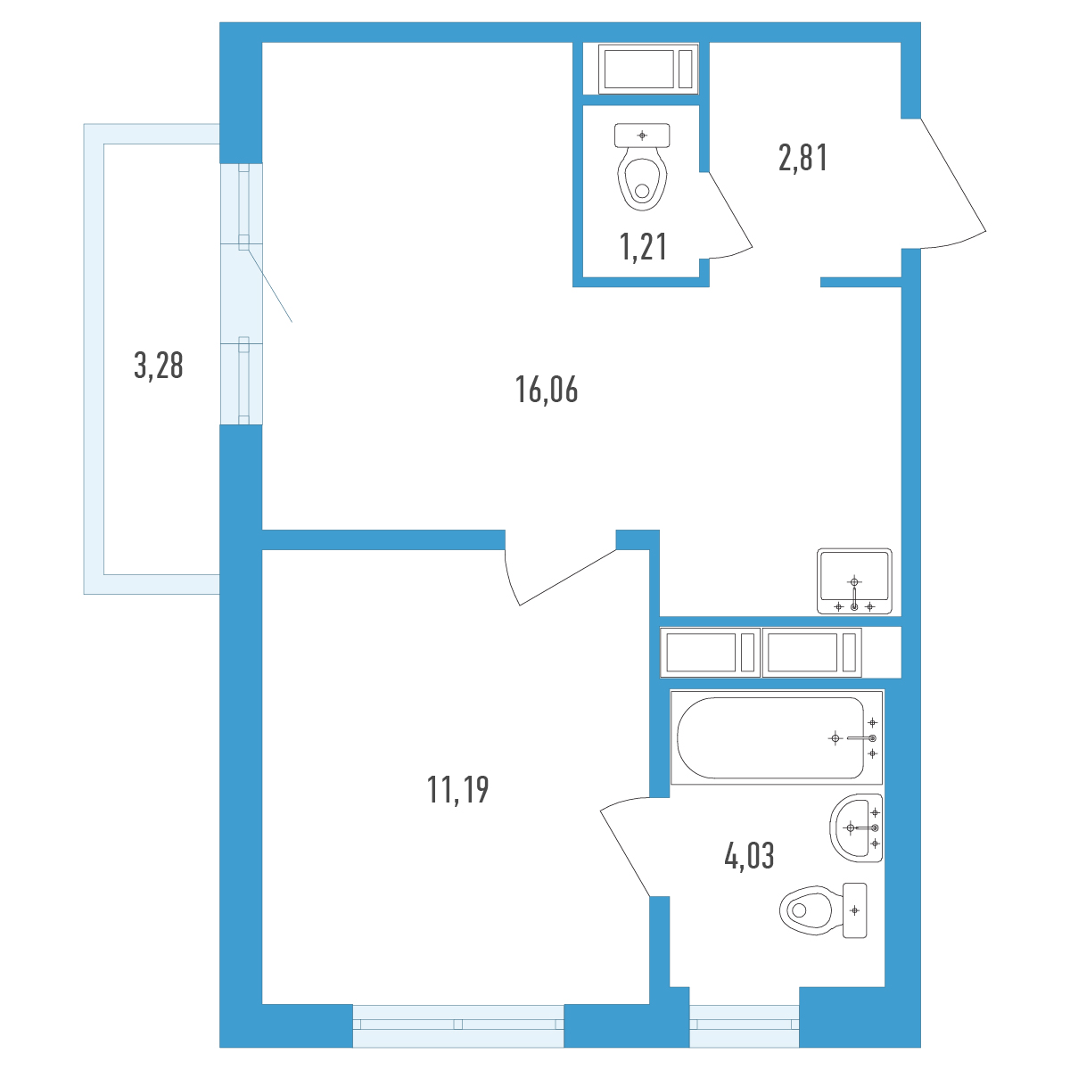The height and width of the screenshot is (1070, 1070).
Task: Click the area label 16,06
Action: point(547,390)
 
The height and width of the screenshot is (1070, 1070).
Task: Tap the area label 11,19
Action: point(457,790)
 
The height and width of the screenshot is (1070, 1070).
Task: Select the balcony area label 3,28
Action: point(158,366)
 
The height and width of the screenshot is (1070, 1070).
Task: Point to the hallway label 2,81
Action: point(802,157)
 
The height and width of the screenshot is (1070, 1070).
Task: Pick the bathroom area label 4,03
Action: point(749,856)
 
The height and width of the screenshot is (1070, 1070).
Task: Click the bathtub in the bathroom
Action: point(777,737)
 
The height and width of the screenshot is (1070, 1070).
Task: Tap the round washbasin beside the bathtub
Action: point(856,827)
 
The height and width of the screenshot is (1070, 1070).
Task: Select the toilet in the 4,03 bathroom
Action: point(823,910)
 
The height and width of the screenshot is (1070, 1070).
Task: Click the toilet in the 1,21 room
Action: point(642,167)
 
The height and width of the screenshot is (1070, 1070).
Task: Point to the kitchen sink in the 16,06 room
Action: point(854,581)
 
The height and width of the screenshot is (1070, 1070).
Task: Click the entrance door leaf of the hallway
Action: point(953,175)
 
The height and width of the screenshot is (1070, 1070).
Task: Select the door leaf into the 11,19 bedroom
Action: point(567,577)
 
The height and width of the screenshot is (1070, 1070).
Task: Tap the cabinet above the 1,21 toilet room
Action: point(648,69)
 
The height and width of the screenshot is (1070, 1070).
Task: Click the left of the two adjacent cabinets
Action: point(710,653)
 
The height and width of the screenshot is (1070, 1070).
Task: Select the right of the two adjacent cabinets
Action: point(811,653)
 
